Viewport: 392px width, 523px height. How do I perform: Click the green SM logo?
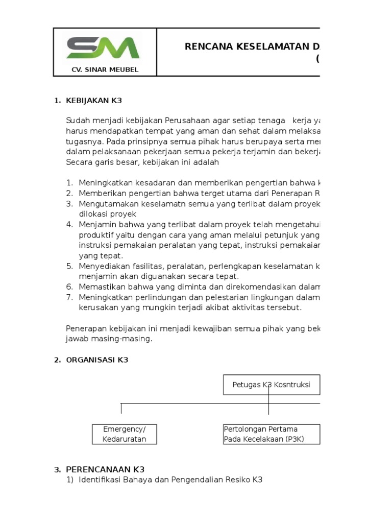(103, 48)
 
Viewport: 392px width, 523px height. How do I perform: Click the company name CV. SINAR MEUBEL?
(105, 69)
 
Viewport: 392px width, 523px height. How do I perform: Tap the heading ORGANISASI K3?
(96, 360)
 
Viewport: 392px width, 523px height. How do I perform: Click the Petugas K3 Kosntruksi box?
(272, 385)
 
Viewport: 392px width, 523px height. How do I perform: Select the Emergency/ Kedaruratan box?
(124, 434)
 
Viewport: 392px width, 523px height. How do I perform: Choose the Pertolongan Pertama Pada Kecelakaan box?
(271, 434)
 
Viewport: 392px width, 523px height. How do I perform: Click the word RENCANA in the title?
(208, 47)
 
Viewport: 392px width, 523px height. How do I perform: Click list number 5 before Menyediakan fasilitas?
(69, 266)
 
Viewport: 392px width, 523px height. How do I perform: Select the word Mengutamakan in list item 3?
(104, 204)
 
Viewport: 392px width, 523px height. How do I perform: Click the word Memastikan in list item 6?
(100, 287)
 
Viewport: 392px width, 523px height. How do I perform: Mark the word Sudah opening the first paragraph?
(77, 121)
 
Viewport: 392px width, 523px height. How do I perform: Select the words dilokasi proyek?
(107, 214)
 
